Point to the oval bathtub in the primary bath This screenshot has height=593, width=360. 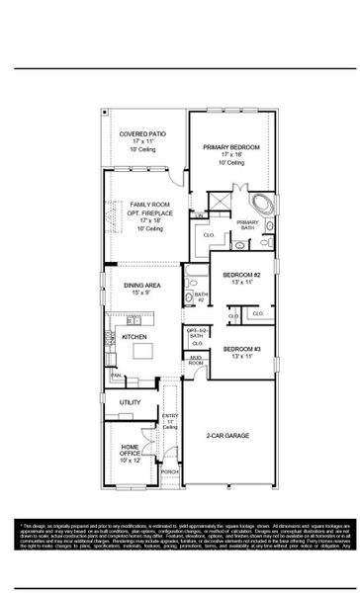click(x=263, y=207)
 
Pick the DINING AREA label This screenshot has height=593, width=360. click(x=143, y=287)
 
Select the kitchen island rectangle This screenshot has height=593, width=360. click(x=142, y=349)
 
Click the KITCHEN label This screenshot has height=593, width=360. click(x=135, y=337)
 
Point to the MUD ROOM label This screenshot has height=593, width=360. click(x=196, y=361)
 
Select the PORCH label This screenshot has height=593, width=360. click(x=170, y=472)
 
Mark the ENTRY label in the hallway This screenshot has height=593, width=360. click(x=170, y=417)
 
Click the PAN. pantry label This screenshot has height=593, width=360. click(x=116, y=376)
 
